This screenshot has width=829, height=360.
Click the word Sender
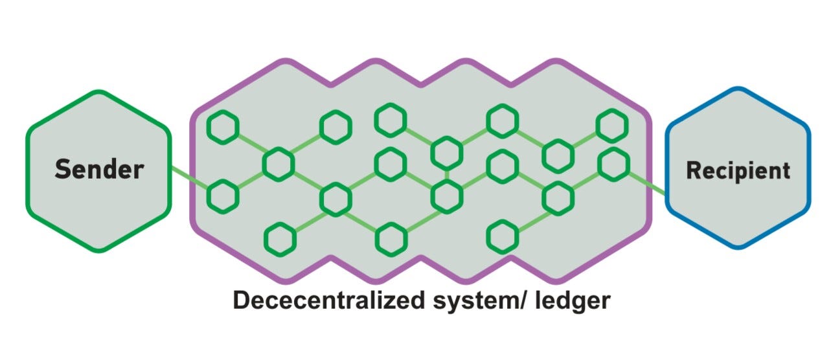tap(99, 170)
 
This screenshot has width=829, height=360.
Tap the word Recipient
tap(738, 170)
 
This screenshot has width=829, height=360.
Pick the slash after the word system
tap(506, 300)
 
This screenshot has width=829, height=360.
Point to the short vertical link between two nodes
tap(446, 174)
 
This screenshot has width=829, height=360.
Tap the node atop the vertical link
tap(446, 153)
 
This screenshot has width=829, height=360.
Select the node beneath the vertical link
tap(446, 195)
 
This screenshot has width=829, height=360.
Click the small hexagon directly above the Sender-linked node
tap(223, 126)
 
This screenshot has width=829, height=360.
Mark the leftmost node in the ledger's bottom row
tap(279, 238)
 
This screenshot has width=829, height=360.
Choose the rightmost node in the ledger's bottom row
tap(503, 237)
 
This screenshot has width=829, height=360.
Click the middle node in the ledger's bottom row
tap(391, 238)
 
